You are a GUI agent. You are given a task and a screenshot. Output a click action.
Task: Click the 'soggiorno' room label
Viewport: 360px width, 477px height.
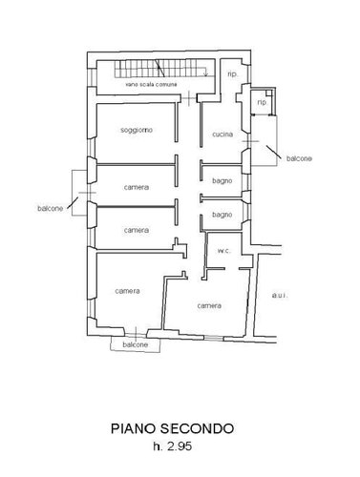[137, 130]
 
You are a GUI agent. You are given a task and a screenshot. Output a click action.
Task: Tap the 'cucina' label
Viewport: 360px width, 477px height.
[222, 135]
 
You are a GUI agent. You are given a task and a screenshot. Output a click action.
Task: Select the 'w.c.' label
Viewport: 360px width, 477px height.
[223, 251]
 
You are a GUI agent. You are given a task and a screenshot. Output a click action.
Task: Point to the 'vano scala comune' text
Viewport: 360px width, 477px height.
[151, 85]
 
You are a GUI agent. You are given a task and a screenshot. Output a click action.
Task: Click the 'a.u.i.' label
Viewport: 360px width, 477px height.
[280, 296]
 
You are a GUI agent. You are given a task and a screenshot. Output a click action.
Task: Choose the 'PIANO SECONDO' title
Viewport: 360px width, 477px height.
[172, 428]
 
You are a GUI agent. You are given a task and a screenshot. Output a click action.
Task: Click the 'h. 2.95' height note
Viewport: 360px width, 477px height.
[173, 446]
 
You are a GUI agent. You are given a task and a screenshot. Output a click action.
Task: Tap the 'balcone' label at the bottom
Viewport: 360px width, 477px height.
[136, 344]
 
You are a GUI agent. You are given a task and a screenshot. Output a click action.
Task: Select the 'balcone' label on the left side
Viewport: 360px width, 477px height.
[51, 209]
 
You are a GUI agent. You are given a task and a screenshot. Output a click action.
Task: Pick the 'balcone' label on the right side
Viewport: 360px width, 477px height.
[299, 158]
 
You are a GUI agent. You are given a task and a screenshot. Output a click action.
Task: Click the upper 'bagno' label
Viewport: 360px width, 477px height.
[222, 181]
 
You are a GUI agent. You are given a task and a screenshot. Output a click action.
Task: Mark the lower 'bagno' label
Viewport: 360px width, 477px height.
[222, 215]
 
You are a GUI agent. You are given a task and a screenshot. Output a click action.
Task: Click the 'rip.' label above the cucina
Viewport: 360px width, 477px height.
[233, 74]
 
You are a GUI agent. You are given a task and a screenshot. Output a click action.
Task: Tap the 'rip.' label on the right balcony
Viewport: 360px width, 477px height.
[262, 102]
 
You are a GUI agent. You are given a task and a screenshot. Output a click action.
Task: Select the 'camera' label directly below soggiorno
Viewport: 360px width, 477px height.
[137, 187]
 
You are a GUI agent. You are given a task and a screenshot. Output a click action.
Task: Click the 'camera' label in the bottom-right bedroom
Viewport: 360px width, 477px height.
[209, 305]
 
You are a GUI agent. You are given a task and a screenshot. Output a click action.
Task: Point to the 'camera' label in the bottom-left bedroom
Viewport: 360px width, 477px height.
[127, 291]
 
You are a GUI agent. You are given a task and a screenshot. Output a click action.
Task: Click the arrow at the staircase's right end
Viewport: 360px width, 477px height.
[205, 72]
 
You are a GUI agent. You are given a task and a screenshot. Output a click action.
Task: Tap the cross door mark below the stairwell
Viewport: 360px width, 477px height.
[189, 98]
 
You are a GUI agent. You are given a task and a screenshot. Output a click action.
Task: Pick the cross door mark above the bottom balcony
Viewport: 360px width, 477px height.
[136, 334]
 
